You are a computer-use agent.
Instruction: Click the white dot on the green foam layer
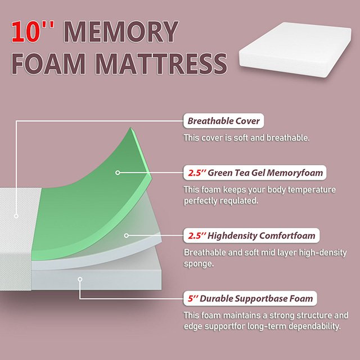click(x=118, y=173)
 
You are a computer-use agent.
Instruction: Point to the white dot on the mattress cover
click(x=17, y=215)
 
